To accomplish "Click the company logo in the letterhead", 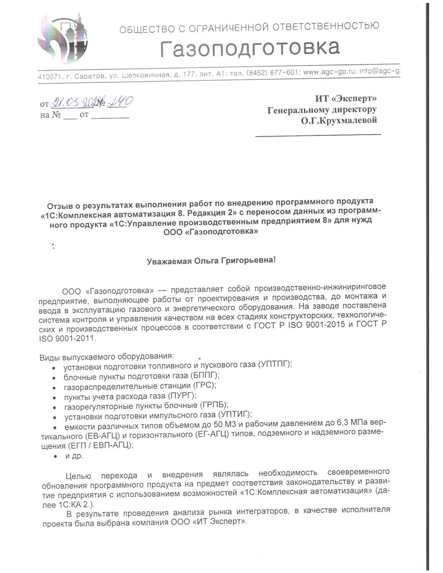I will pyautogui.click(x=63, y=38).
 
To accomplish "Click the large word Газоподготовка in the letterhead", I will pyautogui.click(x=250, y=48).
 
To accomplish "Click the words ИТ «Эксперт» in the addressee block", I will pyautogui.click(x=346, y=98).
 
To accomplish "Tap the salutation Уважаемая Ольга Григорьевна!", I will pyautogui.click(x=211, y=261).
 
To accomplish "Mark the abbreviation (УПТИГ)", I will pyautogui.click(x=235, y=415).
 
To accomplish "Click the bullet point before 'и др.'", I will pyautogui.click(x=55, y=456).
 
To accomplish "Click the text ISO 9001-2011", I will pyautogui.click(x=66, y=338).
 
